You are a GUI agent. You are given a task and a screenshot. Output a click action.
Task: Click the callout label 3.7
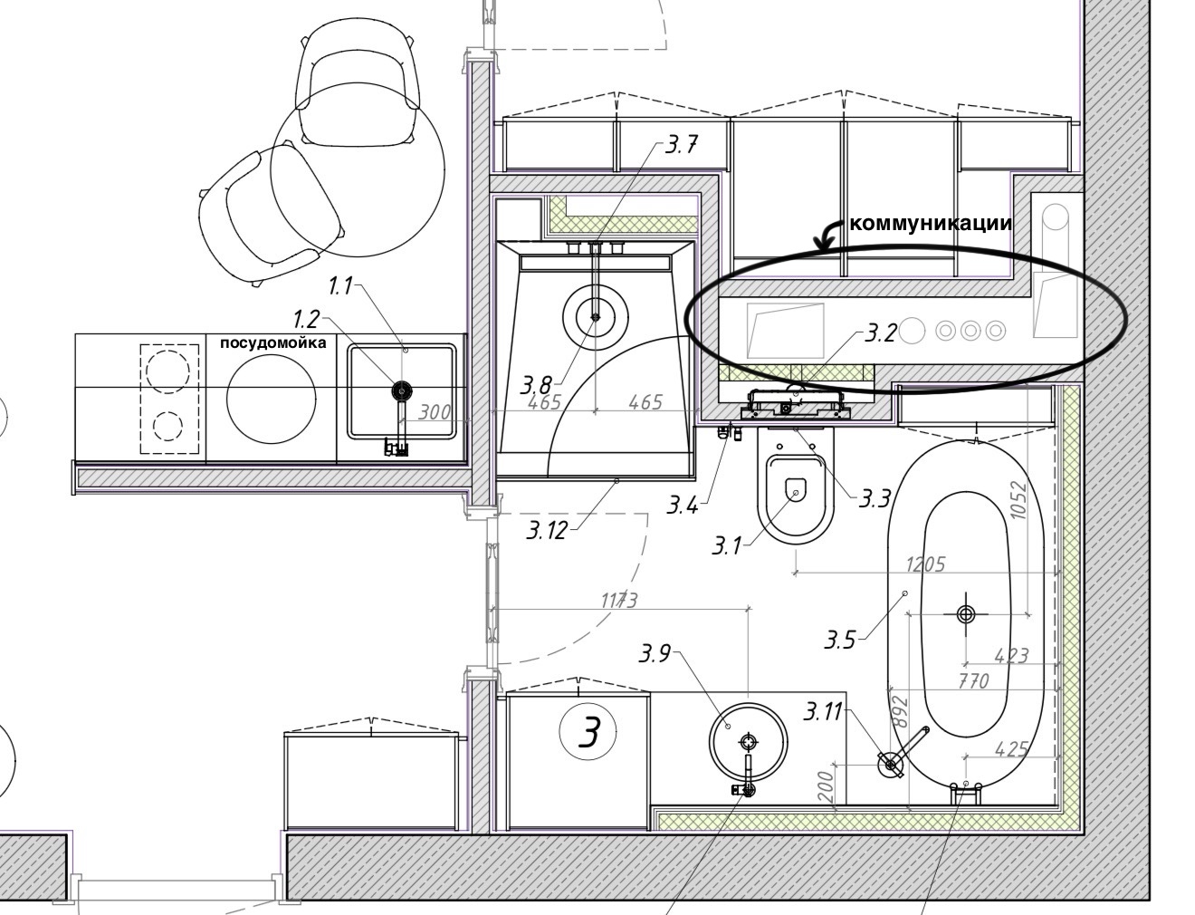click(682, 145)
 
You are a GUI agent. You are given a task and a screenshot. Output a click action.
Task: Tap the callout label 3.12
click(547, 530)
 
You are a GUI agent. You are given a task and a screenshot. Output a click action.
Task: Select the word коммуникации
click(931, 223)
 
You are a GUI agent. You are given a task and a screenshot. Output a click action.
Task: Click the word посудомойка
click(273, 342)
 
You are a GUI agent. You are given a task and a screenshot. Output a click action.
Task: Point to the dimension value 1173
click(619, 601)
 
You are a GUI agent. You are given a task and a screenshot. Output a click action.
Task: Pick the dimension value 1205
click(925, 564)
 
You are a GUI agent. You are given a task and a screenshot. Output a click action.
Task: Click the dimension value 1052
click(1017, 500)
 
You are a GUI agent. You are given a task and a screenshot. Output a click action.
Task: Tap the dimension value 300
click(435, 411)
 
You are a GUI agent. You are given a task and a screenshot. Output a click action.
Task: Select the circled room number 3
click(588, 732)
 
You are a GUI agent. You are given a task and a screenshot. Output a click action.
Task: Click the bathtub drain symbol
click(966, 614)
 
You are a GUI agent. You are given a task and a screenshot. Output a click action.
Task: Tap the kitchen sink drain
click(402, 390)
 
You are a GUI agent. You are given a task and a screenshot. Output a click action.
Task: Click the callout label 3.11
click(823, 712)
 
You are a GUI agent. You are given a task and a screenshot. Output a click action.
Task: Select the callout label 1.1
click(340, 286)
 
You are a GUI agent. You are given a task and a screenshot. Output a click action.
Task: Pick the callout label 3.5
click(839, 640)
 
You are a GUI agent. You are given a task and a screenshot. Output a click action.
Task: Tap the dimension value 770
click(972, 681)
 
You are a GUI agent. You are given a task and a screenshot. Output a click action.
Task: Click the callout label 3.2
click(880, 333)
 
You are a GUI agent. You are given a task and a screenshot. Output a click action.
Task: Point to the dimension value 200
click(826, 787)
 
